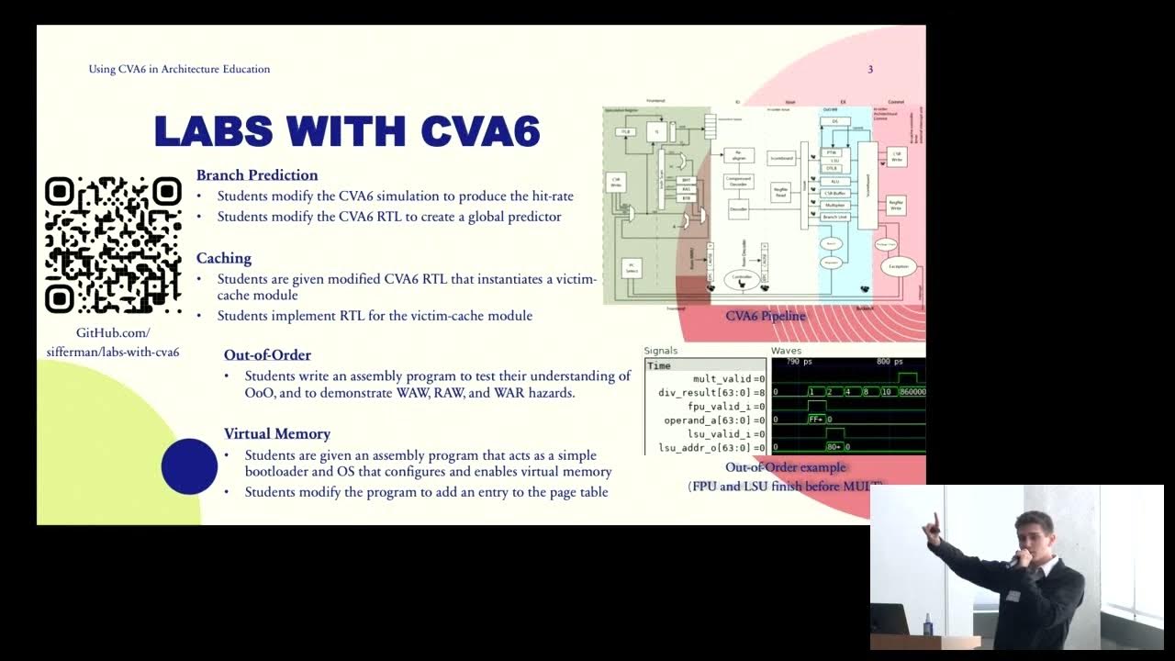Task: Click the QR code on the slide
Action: [113, 244]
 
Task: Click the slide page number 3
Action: [870, 69]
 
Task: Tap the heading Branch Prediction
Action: [257, 175]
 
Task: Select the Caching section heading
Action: [224, 258]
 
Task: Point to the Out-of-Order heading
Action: [267, 355]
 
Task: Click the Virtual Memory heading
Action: [277, 433]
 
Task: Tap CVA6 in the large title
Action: [479, 131]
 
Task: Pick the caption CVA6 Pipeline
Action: [766, 316]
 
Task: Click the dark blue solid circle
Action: [189, 466]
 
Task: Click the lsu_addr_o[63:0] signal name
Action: [707, 447]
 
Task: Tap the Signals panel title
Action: [661, 351]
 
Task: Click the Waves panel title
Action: [786, 351]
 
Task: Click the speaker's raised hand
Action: [933, 524]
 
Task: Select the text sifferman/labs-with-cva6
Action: [113, 352]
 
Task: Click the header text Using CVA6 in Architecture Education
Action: [179, 69]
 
